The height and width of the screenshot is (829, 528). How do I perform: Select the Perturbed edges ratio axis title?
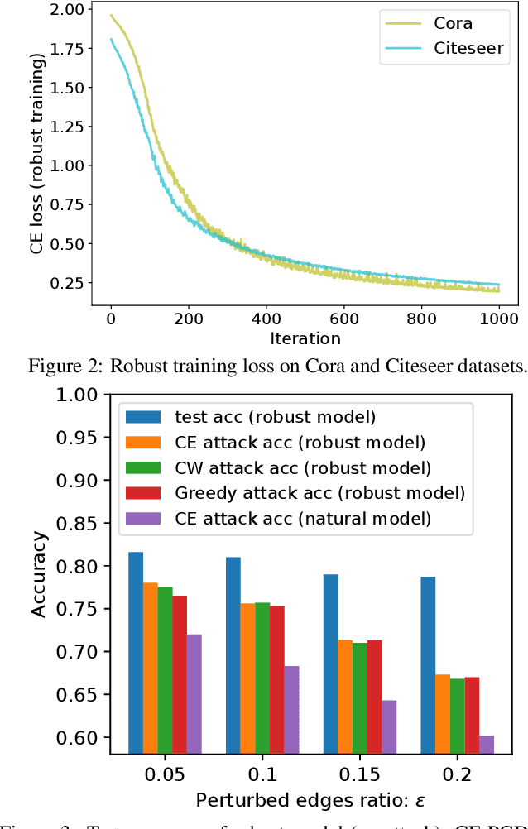tap(304, 801)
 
